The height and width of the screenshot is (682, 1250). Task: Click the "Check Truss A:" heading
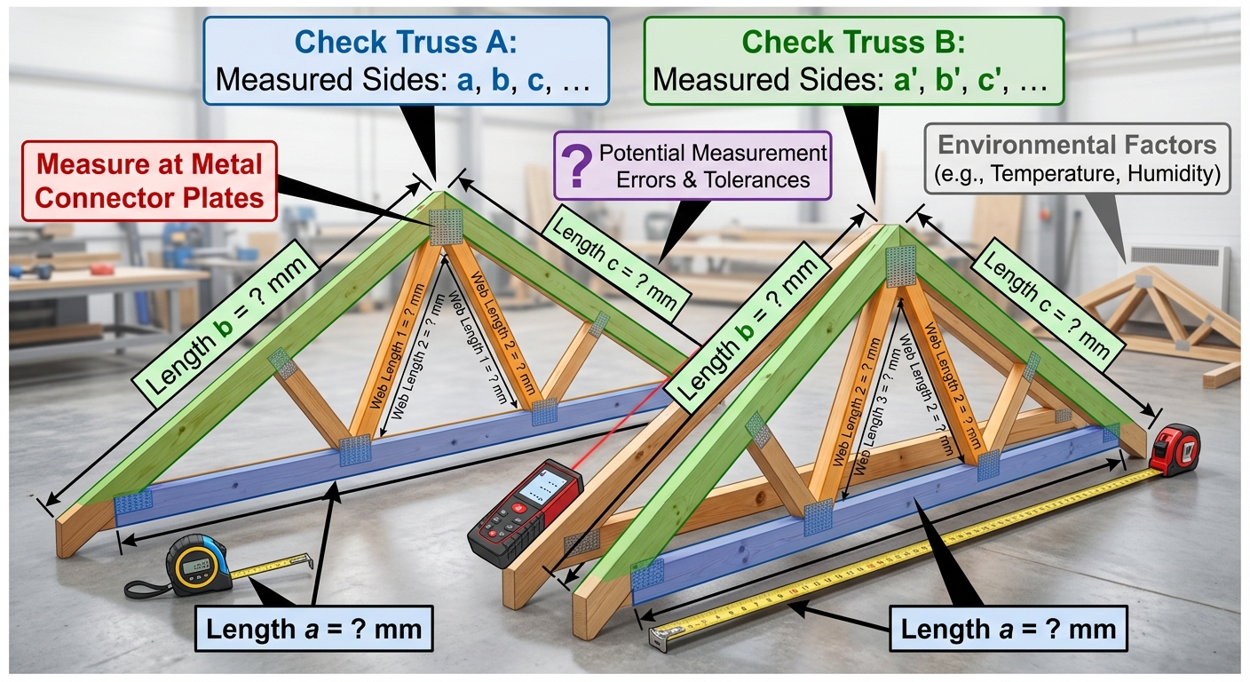click(406, 42)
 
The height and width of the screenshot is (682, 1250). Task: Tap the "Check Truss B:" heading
click(853, 42)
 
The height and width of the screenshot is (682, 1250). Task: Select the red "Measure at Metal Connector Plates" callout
click(149, 181)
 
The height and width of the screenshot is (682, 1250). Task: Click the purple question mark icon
click(577, 166)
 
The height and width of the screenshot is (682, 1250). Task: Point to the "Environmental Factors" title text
click(1077, 145)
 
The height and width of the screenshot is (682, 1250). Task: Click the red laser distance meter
click(525, 512)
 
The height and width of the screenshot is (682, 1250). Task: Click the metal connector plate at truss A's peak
click(446, 227)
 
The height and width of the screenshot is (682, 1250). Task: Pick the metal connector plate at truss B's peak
click(901, 266)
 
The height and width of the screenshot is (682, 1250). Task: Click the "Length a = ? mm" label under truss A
click(314, 629)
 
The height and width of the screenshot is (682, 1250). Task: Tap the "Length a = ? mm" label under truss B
click(1009, 629)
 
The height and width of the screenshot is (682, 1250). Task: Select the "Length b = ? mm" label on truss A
click(225, 325)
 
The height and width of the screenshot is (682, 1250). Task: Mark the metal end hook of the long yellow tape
click(664, 638)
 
